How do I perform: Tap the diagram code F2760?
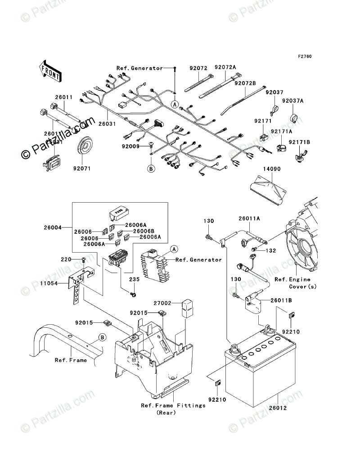coord(304,57)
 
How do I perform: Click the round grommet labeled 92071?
coord(86,145)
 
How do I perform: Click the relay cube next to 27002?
coord(187,308)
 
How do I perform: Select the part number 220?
coord(67,260)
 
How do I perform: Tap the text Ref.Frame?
coord(71,360)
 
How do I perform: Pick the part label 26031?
coord(108,123)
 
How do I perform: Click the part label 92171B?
coord(298,143)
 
